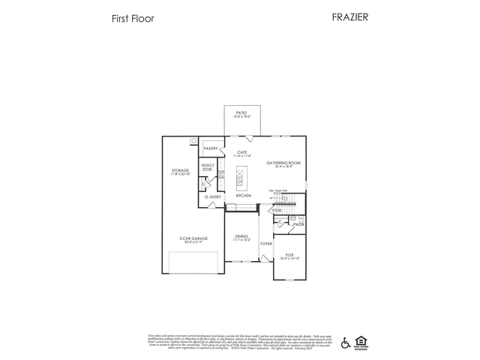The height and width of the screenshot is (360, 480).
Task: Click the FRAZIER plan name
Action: coord(350,16)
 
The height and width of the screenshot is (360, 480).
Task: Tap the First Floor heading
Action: coord(133,18)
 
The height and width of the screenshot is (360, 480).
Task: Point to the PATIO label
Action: coord(241,112)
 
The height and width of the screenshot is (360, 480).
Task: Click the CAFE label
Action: coord(242,152)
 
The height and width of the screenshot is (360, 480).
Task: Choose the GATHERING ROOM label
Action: coord(283,163)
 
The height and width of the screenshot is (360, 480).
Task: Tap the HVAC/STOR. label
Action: coord(208,167)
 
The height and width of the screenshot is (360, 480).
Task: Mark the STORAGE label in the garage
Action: coord(180,171)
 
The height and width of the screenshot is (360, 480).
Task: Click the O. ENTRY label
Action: coord(212,196)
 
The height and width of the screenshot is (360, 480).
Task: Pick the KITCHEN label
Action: coord(243,196)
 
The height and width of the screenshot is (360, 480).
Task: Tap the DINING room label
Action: coord(241,236)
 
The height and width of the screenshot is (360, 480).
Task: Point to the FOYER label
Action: coord(265,243)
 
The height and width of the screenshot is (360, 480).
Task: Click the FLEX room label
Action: coord(289,255)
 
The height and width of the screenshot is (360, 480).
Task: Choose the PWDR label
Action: coord(298,224)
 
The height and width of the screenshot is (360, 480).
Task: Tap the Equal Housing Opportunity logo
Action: coord(361,342)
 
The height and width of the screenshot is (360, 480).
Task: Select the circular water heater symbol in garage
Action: coord(194,140)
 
